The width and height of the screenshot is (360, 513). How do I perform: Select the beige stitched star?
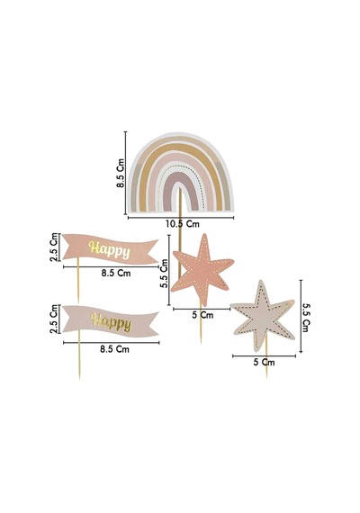coord(264,316)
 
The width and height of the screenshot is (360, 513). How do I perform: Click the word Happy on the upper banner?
coord(109,250)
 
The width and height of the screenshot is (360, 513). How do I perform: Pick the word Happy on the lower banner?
coord(111,322)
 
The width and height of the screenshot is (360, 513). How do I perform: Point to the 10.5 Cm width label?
coord(182,224)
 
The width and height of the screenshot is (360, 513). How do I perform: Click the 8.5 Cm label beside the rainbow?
coord(121,173)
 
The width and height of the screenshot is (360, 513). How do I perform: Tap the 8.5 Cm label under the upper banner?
coord(115,274)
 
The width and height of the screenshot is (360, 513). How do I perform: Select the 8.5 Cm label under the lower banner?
coord(114,349)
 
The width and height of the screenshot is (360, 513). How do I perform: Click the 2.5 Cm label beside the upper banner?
coord(54,247)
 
